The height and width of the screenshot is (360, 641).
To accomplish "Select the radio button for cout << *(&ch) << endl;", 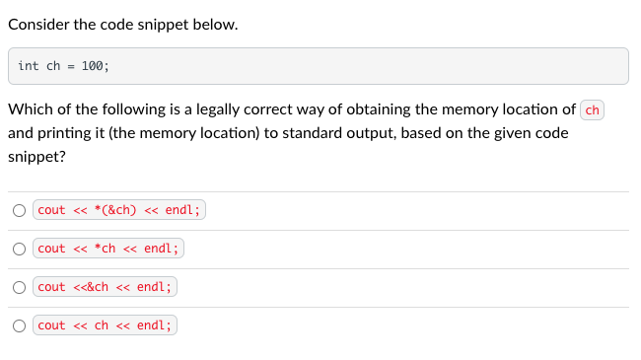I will [20, 210].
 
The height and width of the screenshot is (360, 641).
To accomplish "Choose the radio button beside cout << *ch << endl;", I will [20, 249].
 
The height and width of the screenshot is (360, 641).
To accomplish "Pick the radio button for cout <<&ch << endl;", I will [20, 287].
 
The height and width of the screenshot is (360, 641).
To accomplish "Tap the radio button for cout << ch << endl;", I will [20, 325].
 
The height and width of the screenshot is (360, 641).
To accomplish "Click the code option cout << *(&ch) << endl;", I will [118, 210].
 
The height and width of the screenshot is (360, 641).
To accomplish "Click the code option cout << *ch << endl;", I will [108, 249].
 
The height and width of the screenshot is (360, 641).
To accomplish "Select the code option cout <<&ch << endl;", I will [105, 287].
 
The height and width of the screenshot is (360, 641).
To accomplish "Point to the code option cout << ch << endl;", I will [105, 325].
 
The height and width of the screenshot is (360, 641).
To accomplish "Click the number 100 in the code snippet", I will [92, 66].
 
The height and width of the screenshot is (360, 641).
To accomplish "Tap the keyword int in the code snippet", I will [29, 66].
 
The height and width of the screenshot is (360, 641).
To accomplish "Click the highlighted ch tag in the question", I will [593, 109].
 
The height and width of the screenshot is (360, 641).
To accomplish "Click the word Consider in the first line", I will [39, 25].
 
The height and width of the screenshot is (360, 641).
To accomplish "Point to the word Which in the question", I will [31, 109].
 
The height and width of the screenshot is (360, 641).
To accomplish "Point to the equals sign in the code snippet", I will [70, 66].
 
